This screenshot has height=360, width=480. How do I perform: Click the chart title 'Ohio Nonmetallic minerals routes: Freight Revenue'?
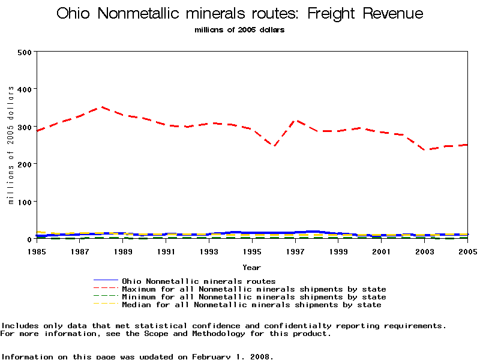239,14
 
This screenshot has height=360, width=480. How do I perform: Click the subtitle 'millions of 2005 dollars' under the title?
239,30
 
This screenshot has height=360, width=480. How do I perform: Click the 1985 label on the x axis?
37,252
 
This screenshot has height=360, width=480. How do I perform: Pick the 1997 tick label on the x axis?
295,252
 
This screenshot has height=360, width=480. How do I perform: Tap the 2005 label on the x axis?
467,252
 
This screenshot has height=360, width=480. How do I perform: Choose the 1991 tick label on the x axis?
166,252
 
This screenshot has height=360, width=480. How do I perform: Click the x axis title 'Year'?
251,267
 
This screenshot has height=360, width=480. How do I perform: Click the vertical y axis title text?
10,145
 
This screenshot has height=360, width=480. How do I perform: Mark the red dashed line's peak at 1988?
102,107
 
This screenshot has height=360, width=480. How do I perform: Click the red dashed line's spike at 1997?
295,120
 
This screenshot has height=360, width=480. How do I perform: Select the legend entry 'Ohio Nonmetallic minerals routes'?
198,281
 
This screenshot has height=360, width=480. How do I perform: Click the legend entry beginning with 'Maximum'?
253,289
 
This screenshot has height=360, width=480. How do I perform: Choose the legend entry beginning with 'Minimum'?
253,297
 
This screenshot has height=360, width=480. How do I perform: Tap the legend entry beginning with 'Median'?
251,305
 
